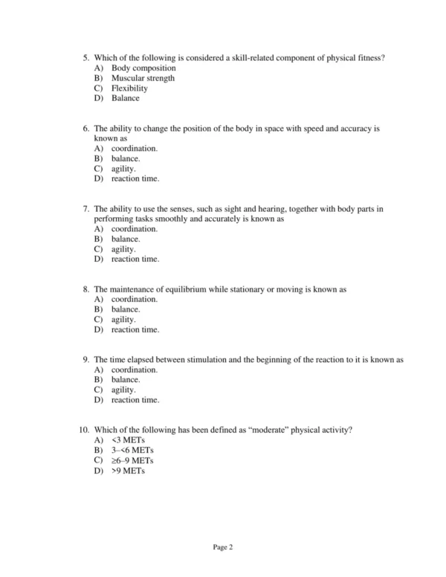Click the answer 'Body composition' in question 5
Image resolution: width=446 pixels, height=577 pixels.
tap(143, 68)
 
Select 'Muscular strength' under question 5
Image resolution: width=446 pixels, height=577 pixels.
tap(143, 78)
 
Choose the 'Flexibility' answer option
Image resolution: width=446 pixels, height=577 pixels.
tap(129, 88)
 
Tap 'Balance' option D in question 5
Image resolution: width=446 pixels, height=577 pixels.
tap(125, 98)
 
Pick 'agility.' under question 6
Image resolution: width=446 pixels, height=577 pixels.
tap(123, 169)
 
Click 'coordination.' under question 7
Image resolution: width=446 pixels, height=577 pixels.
tap(134, 230)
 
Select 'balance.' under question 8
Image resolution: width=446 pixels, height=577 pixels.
tap(126, 309)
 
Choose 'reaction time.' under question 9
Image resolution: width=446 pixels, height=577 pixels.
tap(135, 400)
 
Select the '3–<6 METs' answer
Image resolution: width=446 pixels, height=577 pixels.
tap(132, 451)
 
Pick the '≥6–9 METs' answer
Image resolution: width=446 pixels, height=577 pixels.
tap(133, 460)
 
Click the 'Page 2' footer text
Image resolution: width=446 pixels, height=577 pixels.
tap(223, 548)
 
